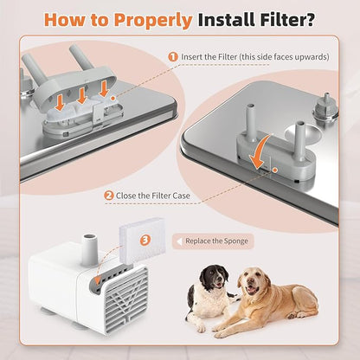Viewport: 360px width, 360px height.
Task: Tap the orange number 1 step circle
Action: [172, 56]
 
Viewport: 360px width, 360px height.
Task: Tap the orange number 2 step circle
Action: [108, 196]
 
